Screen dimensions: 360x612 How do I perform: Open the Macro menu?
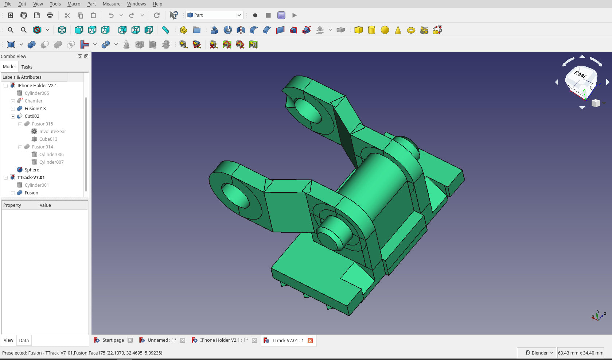coord(74,4)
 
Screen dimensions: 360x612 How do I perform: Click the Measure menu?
coord(112,4)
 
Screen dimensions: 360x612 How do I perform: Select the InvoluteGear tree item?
coord(52,132)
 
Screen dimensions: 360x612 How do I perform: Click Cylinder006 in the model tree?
coord(51,155)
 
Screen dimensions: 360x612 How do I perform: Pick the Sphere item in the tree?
coord(32,170)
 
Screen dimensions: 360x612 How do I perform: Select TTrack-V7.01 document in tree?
coord(31,178)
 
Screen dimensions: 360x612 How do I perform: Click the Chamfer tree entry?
coord(34,101)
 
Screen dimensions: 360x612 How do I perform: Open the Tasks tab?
coord(27,67)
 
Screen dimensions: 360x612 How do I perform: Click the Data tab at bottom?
coord(24,341)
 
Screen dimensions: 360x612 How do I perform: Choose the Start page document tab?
coord(113,340)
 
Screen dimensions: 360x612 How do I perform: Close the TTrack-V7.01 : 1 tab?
coord(310,341)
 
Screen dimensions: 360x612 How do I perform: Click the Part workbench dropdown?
coord(214,15)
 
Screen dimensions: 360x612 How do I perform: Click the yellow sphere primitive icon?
coord(385,30)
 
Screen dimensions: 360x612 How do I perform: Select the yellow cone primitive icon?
coord(398,30)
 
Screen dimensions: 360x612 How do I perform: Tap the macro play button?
coord(295,15)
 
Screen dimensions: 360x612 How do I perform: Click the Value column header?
coord(45,205)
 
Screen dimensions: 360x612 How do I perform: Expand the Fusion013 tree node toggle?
coord(13,109)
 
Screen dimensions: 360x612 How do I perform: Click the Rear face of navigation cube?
coord(580,75)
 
